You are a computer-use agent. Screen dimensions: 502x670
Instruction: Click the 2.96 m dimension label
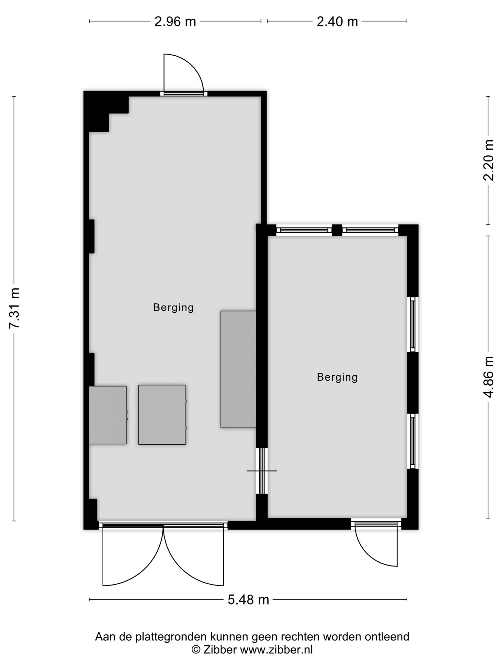click(x=175, y=21)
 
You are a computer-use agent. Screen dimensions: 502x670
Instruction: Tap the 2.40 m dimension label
click(x=337, y=21)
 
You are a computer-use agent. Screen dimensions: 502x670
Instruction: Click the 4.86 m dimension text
click(x=488, y=377)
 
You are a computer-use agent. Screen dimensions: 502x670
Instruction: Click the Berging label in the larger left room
click(x=173, y=308)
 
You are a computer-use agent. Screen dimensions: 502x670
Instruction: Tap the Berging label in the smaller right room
click(x=337, y=377)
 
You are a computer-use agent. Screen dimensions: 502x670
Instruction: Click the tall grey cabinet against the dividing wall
click(x=238, y=369)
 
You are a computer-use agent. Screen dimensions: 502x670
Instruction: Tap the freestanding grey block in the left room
click(x=162, y=415)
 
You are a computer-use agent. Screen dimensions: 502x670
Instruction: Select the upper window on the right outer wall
click(x=412, y=324)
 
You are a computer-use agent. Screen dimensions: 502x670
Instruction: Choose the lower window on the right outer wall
click(x=412, y=441)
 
